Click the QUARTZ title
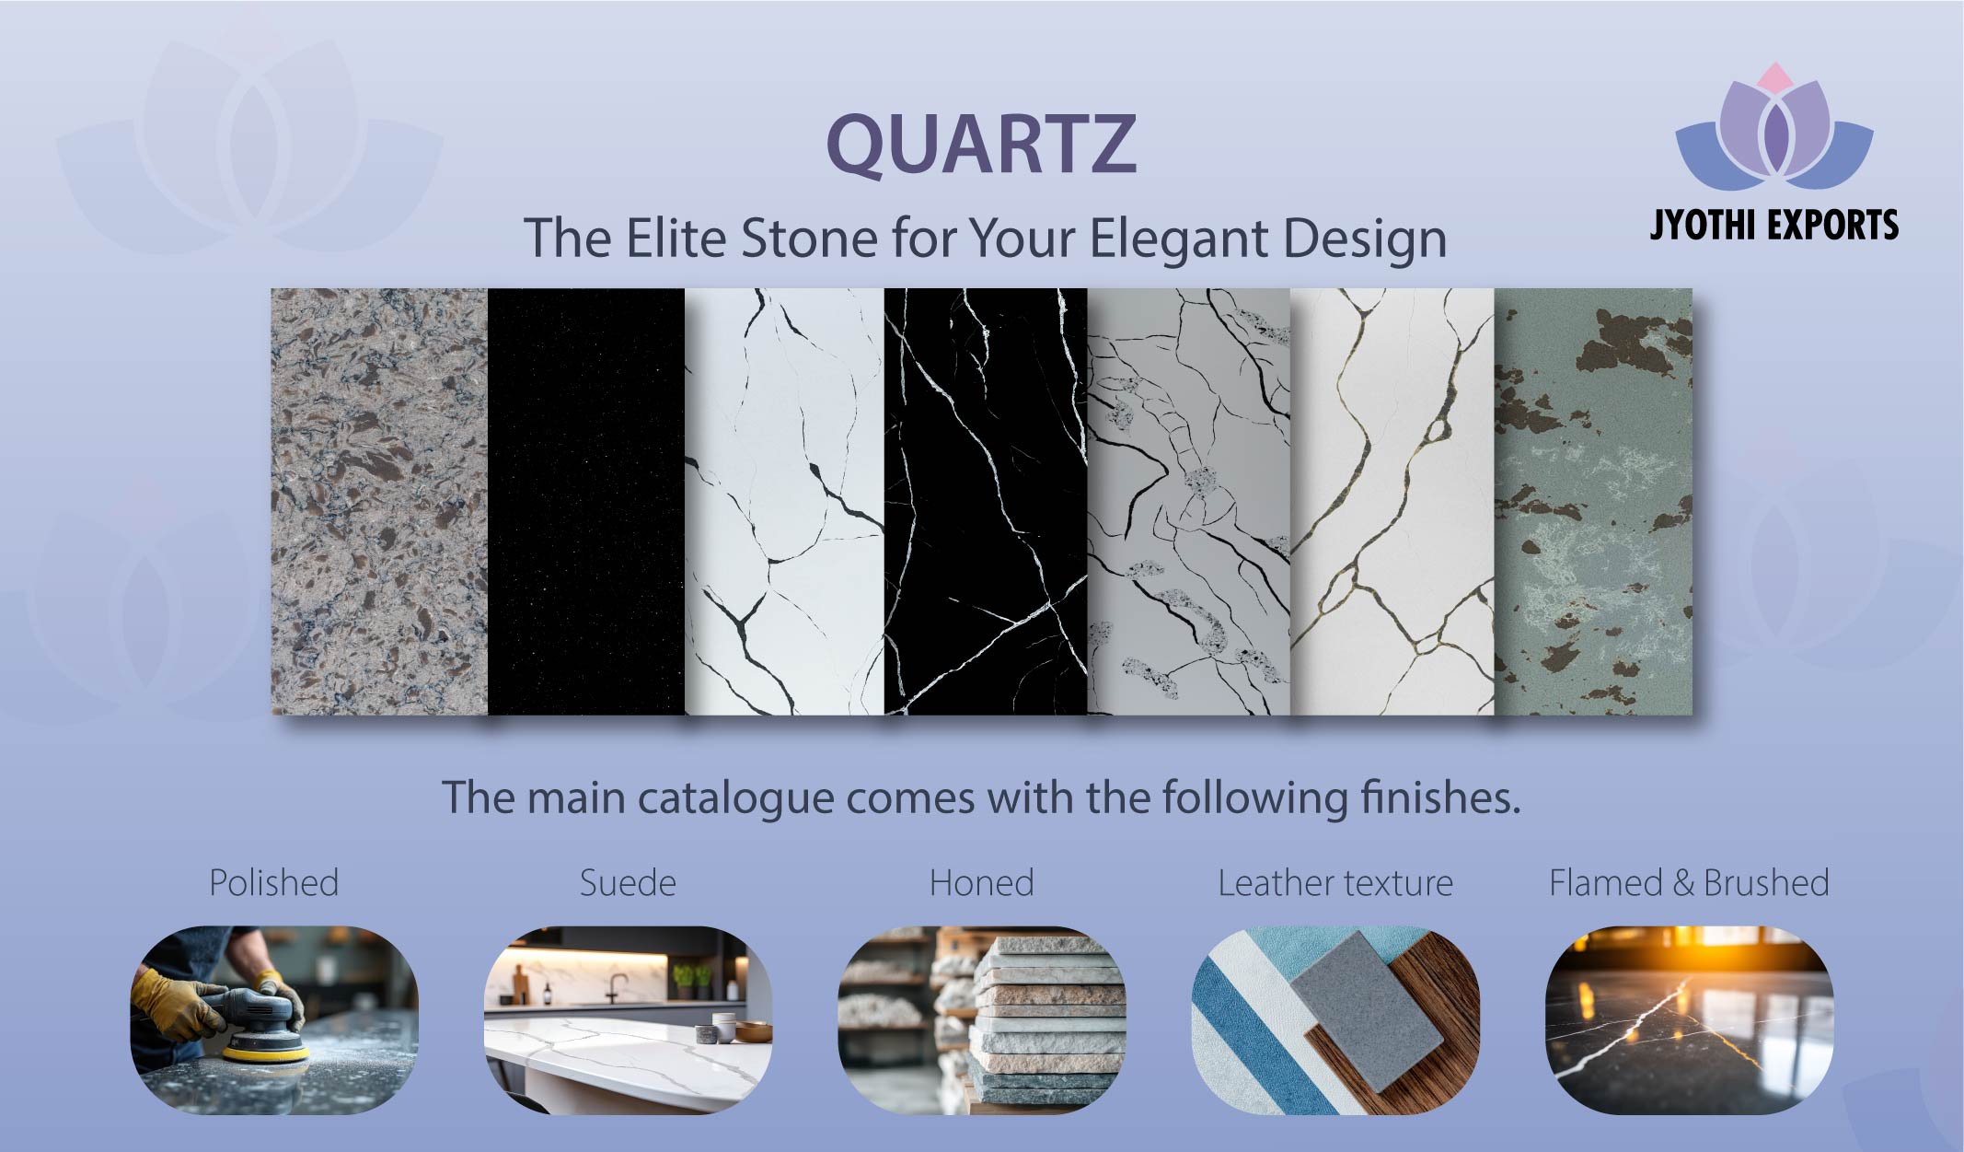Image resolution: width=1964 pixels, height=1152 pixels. point(981,144)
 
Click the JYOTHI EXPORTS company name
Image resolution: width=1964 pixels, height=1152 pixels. point(1773,225)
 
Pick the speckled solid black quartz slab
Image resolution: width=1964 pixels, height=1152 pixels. point(585,502)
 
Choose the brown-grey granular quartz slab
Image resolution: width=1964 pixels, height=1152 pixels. point(378,502)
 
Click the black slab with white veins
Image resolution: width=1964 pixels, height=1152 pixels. point(985,502)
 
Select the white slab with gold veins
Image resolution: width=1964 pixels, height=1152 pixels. point(1392,502)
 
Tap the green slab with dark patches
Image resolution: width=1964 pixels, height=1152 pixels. point(1593,502)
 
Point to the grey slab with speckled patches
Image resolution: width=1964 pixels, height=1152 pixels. point(1188,502)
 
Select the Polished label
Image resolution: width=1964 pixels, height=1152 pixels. point(273,883)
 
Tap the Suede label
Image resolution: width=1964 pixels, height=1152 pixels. point(628,883)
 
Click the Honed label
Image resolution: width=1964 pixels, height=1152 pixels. point(981,883)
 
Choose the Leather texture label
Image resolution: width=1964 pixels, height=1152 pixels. point(1334,883)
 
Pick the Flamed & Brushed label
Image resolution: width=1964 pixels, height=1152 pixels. point(1688,883)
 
